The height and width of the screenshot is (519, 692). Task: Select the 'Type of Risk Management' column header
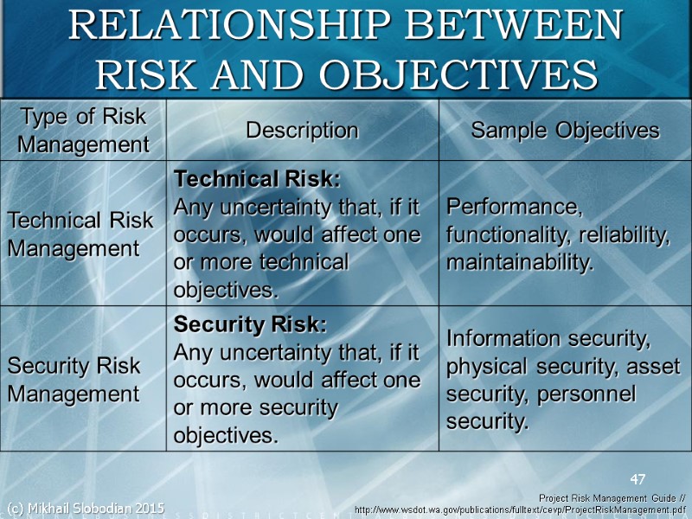[x=83, y=130]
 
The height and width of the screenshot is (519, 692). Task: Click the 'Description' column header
[x=302, y=131]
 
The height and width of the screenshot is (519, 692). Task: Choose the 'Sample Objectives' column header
[x=565, y=131]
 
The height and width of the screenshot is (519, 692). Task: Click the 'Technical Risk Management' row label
[x=80, y=234]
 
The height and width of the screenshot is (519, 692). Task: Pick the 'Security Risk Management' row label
[x=74, y=380]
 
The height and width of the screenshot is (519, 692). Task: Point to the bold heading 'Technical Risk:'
[x=257, y=180]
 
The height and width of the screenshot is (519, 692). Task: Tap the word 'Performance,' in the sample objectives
[x=515, y=208]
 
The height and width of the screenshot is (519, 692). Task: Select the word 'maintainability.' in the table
[x=520, y=262]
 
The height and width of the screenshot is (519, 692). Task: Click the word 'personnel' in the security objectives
[x=586, y=394]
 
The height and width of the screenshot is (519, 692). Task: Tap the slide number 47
[x=638, y=478]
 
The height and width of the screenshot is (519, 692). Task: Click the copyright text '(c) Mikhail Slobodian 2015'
[x=85, y=507]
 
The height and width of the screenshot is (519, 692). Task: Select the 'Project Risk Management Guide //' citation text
[x=612, y=498]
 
